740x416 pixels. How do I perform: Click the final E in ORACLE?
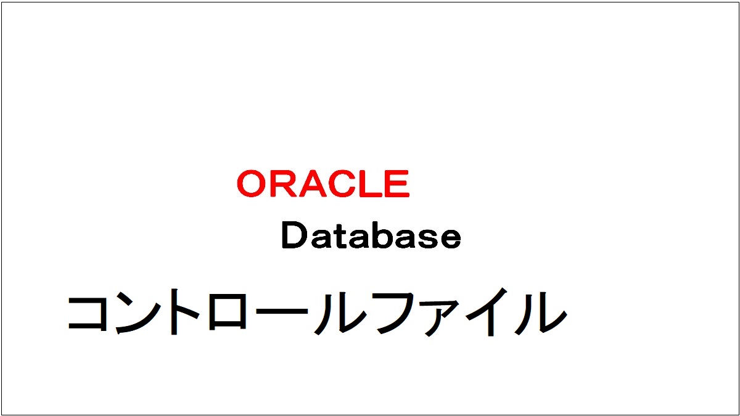click(x=396, y=184)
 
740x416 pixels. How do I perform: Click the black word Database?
click(x=371, y=237)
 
